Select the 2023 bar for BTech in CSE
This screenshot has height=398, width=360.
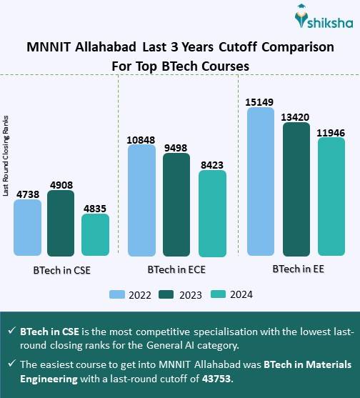(x=61, y=224)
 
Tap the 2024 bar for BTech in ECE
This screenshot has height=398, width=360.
(x=212, y=213)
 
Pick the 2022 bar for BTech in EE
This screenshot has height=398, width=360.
(x=260, y=181)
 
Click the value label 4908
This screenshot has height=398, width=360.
(x=61, y=183)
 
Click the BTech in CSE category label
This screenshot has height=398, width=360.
(x=61, y=272)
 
